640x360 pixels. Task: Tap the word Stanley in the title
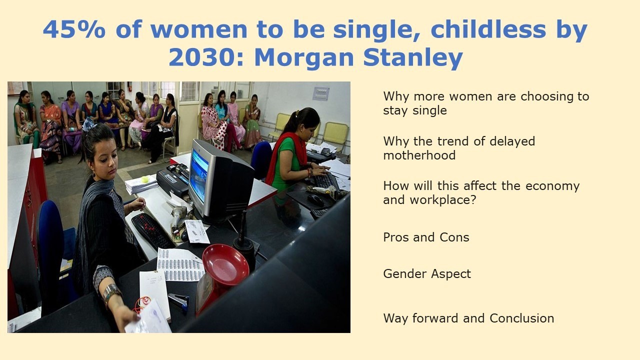tap(413, 58)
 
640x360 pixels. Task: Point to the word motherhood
tap(419, 155)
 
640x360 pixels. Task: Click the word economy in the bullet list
tap(552, 186)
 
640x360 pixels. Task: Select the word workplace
tap(443, 200)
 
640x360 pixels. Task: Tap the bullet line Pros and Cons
tap(426, 237)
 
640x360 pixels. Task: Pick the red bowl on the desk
tap(225, 264)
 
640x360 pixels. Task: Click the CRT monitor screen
tap(199, 175)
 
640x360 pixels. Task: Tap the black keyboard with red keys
tap(152, 231)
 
